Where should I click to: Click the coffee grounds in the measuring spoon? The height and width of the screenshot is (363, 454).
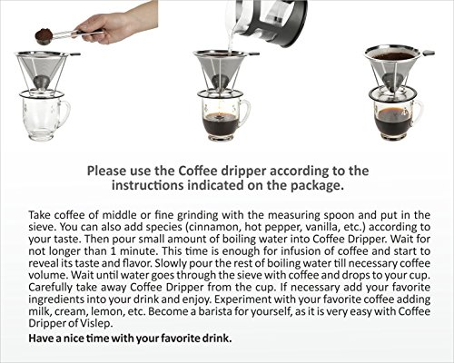[x=43, y=33]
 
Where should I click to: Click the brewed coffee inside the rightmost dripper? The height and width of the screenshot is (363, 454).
[x=393, y=56]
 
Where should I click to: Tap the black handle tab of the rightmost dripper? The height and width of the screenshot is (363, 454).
[x=428, y=54]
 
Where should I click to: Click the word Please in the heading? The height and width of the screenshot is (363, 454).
[x=106, y=171]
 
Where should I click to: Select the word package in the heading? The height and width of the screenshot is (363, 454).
[x=317, y=185]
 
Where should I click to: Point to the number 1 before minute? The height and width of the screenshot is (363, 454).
[x=112, y=251]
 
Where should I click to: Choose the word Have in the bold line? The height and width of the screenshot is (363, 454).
[x=41, y=338]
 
